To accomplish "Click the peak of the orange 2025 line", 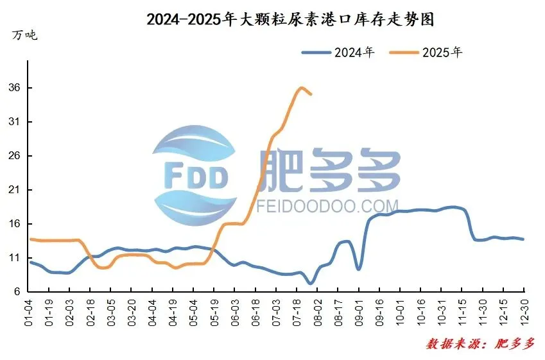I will [x=301, y=88].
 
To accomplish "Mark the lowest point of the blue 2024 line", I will [x=311, y=283].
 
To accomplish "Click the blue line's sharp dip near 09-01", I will [x=358, y=269].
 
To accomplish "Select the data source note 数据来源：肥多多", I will [x=480, y=344].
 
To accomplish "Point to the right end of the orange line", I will [x=311, y=94].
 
